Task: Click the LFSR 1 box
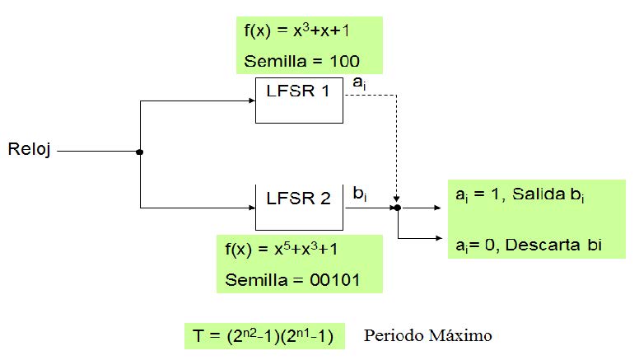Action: (299, 100)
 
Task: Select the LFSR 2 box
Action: (299, 207)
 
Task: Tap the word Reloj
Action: (30, 151)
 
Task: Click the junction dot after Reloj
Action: (140, 152)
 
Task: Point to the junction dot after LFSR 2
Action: (398, 208)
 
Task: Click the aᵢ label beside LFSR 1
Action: (358, 82)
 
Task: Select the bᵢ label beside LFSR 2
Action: (359, 193)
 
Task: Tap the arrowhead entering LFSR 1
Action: (250, 101)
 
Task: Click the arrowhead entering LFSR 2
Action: (250, 208)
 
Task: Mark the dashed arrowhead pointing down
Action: (398, 199)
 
